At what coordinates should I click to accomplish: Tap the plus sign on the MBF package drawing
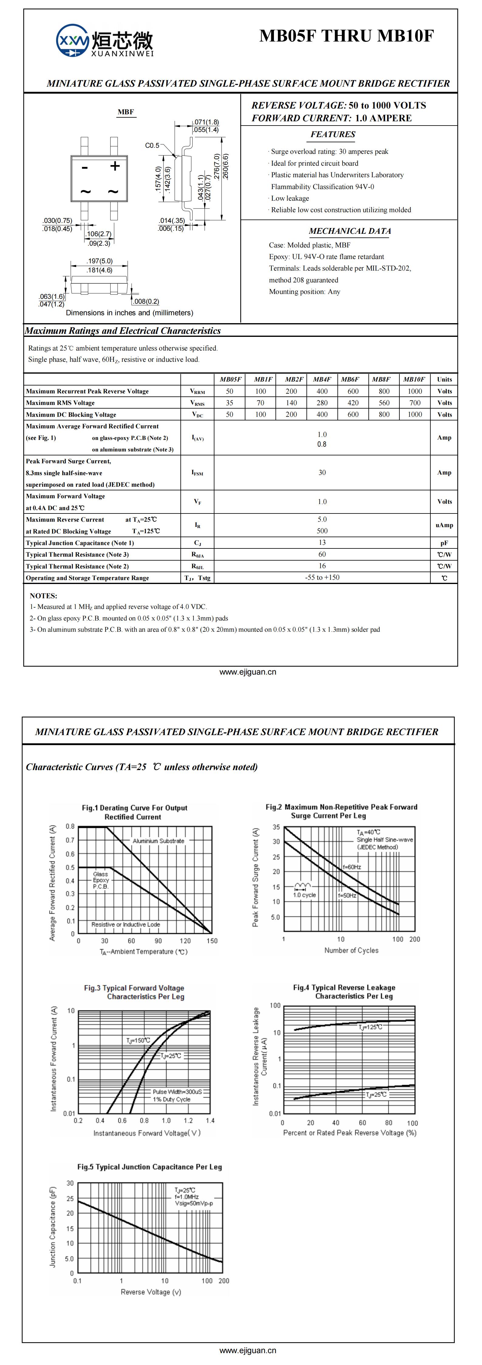115,166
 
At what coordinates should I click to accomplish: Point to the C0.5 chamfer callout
152,145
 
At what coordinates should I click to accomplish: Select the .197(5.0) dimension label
100,261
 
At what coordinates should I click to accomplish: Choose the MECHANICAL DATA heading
350,231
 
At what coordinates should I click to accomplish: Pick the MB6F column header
350,379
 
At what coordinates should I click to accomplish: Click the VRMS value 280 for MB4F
322,403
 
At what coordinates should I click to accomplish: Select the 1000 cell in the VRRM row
415,391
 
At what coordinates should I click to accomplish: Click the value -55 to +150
322,578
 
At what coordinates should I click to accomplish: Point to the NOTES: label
43,596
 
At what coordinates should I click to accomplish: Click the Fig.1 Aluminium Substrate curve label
158,841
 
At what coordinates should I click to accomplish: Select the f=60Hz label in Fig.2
352,867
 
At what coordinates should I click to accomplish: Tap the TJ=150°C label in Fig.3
138,1040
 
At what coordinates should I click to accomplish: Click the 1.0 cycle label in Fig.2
305,895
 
